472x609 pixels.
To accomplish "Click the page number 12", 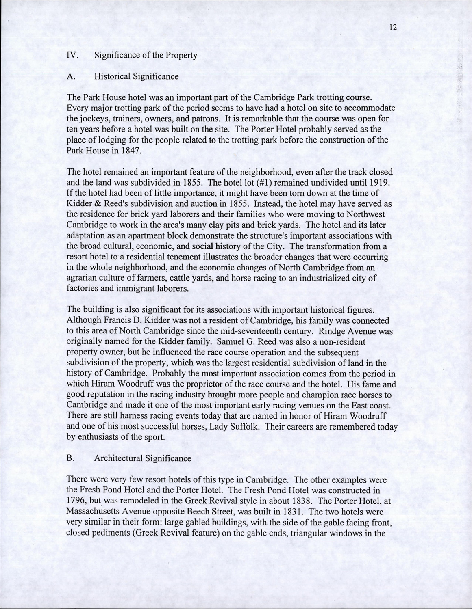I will point(392,27).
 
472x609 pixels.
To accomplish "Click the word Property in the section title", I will point(182,55).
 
